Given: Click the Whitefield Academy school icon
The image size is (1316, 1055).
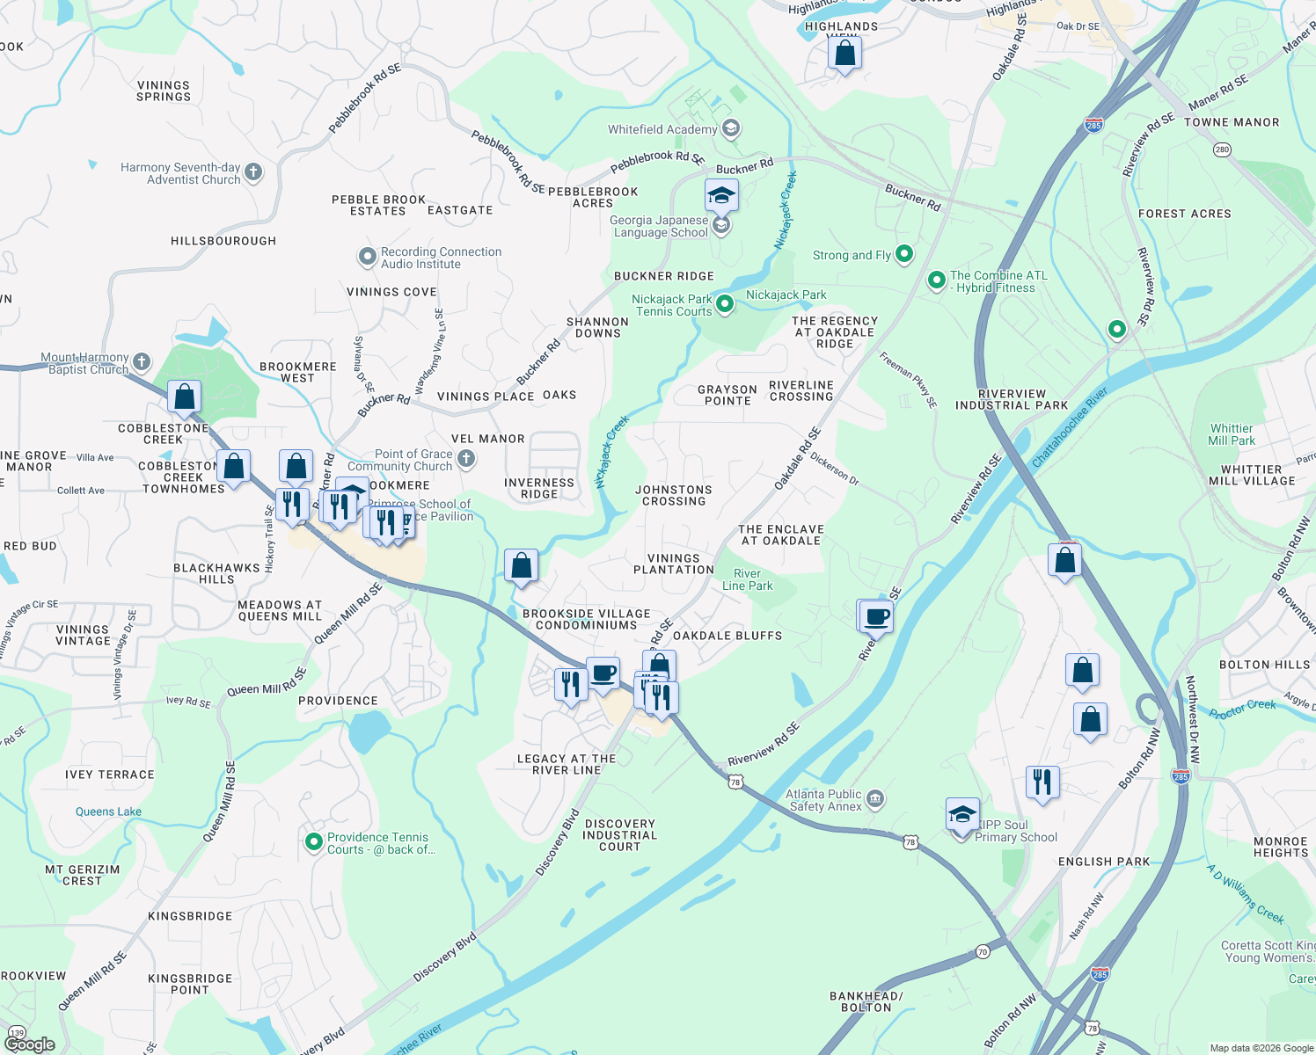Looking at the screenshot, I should point(730,129).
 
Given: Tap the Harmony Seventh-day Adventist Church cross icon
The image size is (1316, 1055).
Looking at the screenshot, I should point(253,172).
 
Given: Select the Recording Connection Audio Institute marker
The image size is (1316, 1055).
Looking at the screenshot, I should point(368,258).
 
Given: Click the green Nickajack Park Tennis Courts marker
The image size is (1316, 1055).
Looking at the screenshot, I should point(725,304).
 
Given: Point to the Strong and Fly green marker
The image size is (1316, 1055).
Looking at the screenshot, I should point(903,255).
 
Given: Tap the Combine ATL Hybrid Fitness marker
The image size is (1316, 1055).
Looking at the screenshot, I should point(937,280).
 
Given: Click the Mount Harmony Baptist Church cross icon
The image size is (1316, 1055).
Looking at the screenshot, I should point(142,362).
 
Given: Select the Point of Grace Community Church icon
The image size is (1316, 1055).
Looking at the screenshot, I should point(466,458).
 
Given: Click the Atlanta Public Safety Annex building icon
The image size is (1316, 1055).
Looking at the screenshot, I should point(874,799).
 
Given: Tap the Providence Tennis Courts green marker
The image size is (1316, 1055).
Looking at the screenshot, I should point(313,842).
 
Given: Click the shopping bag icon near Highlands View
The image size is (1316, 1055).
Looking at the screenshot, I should point(844,55).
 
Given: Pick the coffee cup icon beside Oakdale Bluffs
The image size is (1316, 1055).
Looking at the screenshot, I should point(876,616).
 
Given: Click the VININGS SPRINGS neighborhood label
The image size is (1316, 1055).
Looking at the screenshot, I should point(164,91).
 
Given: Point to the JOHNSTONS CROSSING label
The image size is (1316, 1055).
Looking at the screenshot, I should point(674,496).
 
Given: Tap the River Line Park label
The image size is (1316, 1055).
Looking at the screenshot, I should point(747,579).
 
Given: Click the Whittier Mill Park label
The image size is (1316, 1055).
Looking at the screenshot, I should point(1232,434).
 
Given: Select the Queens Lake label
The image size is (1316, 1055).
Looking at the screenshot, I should point(108,811).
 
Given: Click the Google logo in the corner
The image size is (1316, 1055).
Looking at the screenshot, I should point(30,1044).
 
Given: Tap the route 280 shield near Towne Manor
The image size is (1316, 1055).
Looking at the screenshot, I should point(1222,149).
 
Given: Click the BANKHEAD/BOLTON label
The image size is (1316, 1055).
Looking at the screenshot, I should point(866,1001).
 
